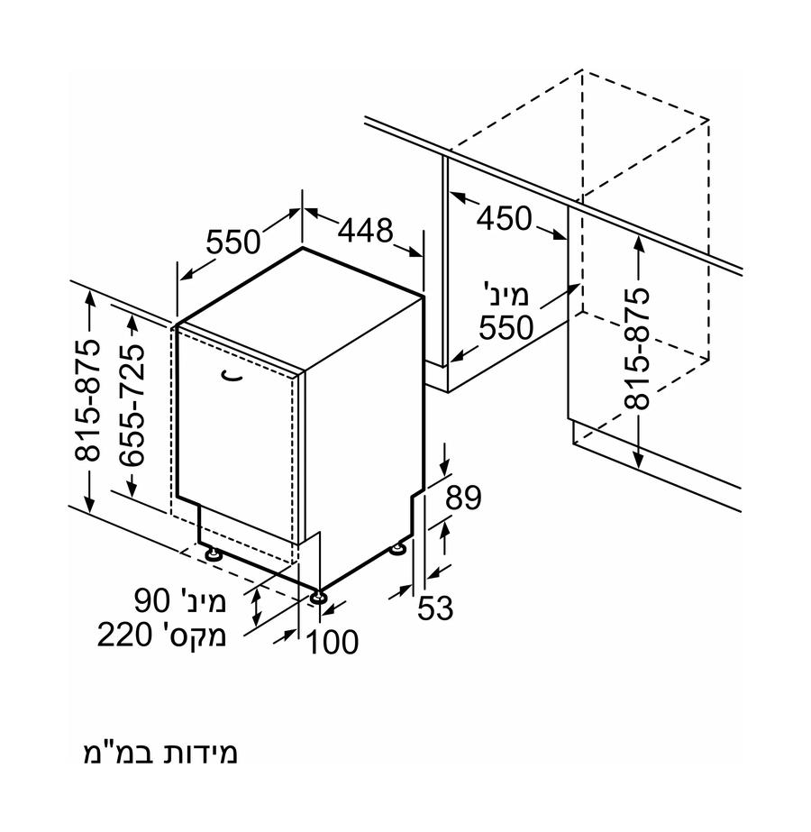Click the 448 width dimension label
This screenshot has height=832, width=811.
click(366, 230)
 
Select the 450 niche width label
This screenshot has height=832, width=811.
click(504, 217)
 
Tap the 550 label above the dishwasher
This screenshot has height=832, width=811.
click(233, 242)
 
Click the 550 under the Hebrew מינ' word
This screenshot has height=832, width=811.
click(506, 327)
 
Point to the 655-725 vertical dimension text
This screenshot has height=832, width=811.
click(132, 406)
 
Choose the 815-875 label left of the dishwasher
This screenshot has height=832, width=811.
click(87, 399)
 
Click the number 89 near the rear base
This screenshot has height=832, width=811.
click(463, 498)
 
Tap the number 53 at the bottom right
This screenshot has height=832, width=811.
click(435, 608)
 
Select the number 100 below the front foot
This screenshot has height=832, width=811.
click(333, 642)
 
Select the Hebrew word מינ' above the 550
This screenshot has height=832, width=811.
click(506, 295)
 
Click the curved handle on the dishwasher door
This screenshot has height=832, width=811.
click(232, 375)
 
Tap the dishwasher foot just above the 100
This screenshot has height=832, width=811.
click(318, 597)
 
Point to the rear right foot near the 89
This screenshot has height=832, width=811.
click(397, 549)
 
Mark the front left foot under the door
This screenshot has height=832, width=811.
click(214, 554)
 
